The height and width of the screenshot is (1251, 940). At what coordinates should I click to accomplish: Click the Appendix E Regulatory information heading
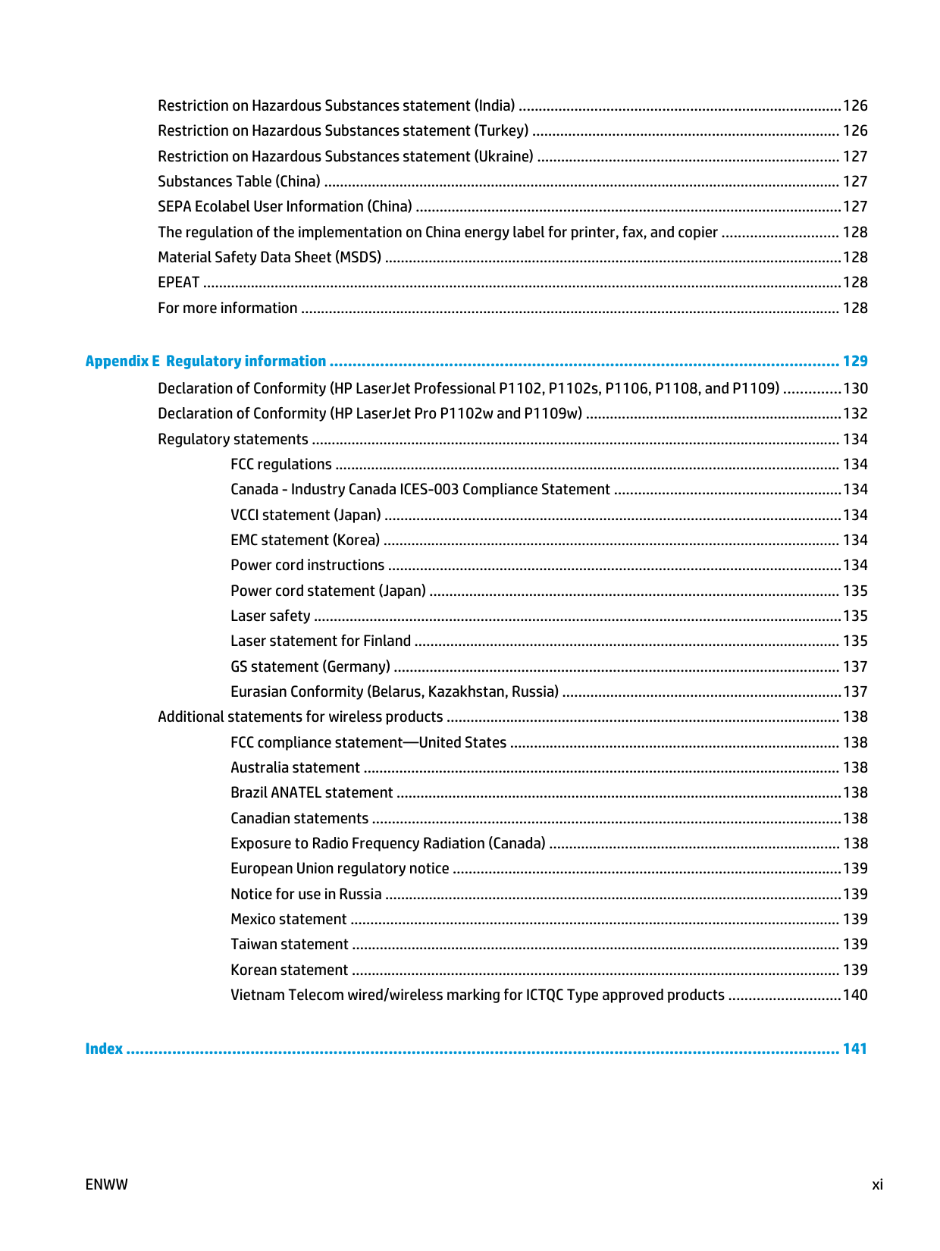(205, 362)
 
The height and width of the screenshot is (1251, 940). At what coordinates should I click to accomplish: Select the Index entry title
(104, 1049)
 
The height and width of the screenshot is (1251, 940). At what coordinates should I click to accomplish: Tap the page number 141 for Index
(854, 1049)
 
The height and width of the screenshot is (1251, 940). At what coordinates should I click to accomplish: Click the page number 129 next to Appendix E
(855, 362)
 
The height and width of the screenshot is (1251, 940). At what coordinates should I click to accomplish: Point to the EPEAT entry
(179, 283)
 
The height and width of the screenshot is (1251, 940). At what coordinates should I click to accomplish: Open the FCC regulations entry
(281, 465)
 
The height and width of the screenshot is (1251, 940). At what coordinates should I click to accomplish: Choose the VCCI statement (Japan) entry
(305, 516)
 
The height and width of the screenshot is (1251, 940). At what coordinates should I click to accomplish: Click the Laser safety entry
(271, 616)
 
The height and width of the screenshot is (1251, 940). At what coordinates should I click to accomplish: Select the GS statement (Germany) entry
(310, 667)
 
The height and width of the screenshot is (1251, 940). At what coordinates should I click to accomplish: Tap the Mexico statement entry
(289, 920)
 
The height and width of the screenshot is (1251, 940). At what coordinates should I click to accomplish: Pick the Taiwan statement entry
(290, 945)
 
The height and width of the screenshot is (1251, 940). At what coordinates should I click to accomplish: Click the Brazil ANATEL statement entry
(312, 793)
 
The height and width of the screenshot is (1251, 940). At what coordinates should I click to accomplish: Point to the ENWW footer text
(107, 1185)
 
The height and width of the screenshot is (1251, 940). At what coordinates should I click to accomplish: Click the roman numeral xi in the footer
(877, 1185)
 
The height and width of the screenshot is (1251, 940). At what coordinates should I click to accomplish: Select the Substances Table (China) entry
(239, 182)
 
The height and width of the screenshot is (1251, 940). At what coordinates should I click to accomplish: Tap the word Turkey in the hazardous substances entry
(501, 131)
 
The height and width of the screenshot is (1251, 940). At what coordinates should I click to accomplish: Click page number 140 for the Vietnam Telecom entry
(855, 995)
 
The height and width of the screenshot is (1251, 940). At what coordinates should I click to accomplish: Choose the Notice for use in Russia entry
(306, 895)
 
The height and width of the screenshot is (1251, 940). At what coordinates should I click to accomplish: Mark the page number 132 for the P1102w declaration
(855, 414)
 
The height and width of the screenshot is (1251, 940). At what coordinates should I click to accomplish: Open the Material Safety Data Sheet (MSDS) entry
(269, 258)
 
